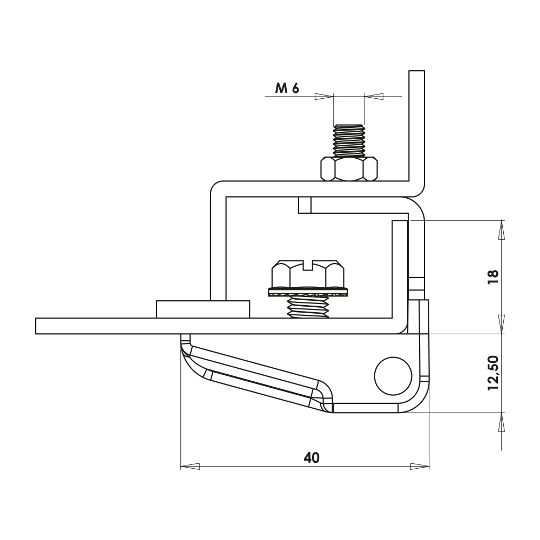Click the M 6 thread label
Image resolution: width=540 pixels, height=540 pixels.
tap(287, 89)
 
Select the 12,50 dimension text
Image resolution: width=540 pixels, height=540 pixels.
tap(493, 373)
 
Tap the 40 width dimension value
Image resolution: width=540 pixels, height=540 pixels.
tap(312, 458)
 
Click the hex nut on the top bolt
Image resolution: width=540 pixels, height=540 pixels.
tap(349, 168)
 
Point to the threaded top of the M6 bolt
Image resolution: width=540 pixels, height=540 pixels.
tap(349, 139)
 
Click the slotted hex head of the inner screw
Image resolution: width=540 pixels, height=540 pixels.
tap(308, 273)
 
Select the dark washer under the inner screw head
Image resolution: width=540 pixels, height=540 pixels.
tap(308, 293)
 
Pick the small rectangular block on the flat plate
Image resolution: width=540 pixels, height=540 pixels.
tap(202, 309)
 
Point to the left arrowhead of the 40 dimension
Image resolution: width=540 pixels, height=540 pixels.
tap(189, 465)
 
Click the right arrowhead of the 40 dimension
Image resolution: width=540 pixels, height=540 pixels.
tap(420, 465)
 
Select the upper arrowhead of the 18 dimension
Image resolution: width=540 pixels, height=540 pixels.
tap(502, 230)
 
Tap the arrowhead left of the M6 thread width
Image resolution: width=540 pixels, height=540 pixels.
tap(324, 97)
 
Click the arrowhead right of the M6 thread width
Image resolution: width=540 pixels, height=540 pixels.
tap(374, 97)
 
